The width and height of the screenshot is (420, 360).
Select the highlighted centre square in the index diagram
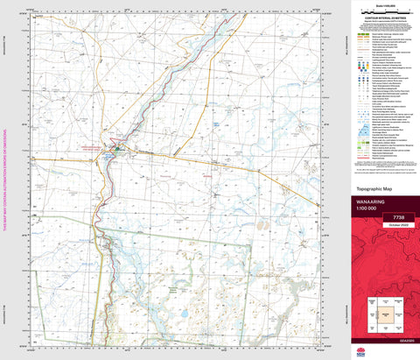click(x=382, y=312)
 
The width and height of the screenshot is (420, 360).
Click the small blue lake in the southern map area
click(x=186, y=313)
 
